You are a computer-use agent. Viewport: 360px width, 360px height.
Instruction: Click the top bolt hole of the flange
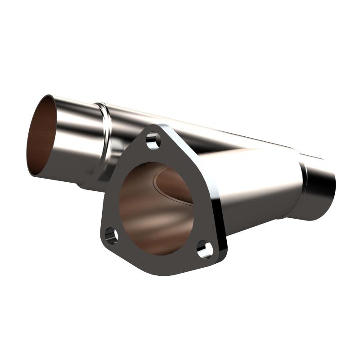(x=153, y=139)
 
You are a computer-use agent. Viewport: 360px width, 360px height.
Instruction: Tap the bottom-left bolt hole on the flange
(x=111, y=235)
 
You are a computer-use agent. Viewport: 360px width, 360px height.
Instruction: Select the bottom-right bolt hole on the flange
(x=205, y=250)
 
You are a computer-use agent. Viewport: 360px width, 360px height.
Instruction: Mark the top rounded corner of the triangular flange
(x=155, y=128)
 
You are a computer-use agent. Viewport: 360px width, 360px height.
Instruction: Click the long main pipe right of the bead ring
(x=202, y=130)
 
